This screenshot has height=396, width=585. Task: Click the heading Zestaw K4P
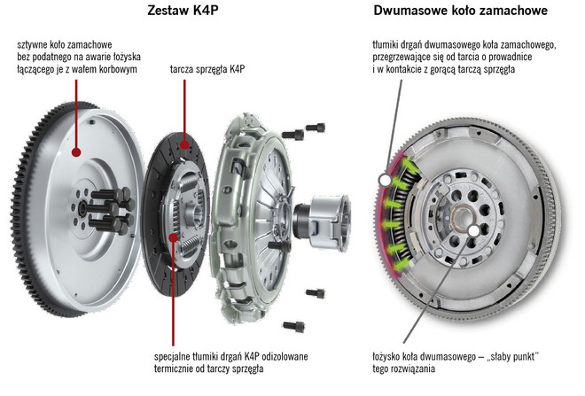tap(183, 11)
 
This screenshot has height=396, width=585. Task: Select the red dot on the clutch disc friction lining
tap(183, 144)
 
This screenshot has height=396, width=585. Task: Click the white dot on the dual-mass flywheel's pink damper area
tap(386, 180)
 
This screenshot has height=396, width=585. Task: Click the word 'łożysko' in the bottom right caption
tap(392, 356)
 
